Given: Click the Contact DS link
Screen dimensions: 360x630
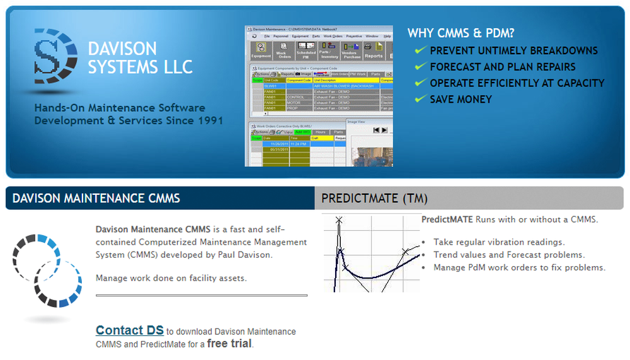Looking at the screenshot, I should (x=129, y=330).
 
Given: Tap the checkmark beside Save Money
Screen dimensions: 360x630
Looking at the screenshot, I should (x=420, y=100).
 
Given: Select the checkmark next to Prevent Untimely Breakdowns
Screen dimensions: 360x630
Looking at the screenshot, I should (x=420, y=50).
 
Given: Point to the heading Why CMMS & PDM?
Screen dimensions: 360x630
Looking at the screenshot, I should (x=457, y=33).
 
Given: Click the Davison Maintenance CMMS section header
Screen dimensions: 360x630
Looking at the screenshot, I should (x=96, y=198).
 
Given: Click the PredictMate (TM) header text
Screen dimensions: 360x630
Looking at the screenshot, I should (x=374, y=199).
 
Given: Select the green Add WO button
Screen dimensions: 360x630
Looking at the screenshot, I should (x=303, y=132).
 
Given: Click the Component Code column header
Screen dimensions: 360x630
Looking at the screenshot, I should (x=299, y=80).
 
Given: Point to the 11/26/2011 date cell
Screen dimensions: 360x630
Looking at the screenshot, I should (x=275, y=144).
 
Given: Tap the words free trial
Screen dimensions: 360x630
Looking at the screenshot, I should (x=229, y=344).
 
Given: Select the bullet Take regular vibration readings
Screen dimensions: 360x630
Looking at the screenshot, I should (x=499, y=242).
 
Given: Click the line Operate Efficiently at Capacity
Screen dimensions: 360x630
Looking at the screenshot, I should (x=517, y=83).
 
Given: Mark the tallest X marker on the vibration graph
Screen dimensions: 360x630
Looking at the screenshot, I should (x=339, y=220).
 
